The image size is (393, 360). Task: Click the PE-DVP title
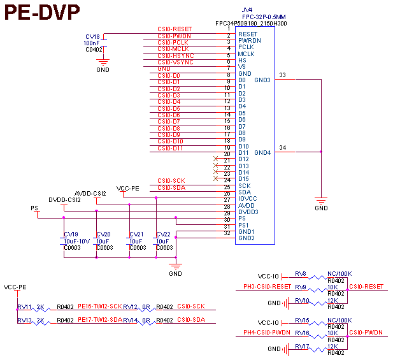click(x=43, y=13)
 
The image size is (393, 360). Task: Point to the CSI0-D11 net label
click(x=171, y=148)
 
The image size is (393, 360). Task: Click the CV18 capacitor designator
click(x=92, y=37)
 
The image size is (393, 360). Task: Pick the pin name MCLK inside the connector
click(x=247, y=54)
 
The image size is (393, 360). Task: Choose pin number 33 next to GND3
click(x=282, y=75)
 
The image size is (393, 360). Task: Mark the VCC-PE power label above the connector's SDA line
click(x=127, y=188)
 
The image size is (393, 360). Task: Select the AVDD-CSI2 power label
click(x=90, y=193)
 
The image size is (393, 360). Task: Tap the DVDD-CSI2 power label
click(x=64, y=200)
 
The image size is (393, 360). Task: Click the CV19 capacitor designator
click(x=71, y=234)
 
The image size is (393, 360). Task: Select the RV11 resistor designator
click(x=24, y=306)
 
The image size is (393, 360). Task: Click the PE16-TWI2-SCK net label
click(x=100, y=306)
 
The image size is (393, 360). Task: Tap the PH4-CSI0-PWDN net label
click(x=267, y=332)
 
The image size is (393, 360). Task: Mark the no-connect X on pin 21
click(x=216, y=161)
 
